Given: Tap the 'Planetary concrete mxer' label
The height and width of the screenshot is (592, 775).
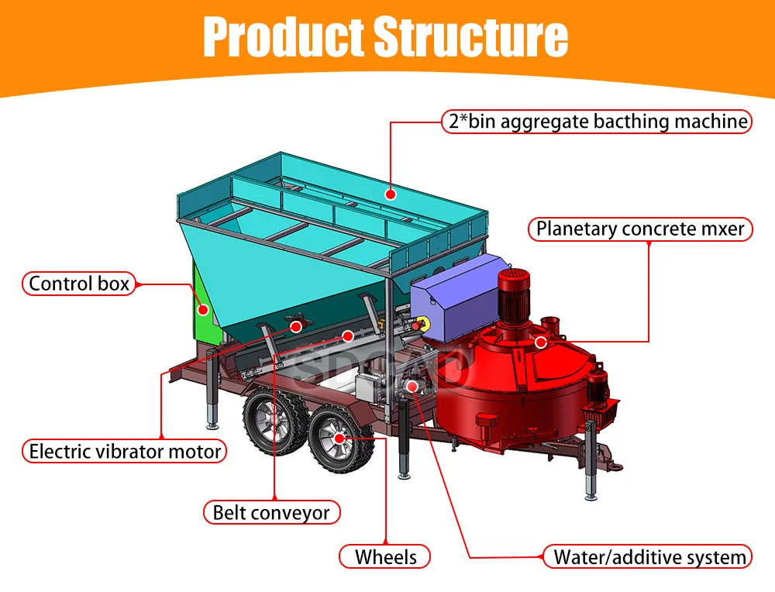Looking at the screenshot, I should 640,229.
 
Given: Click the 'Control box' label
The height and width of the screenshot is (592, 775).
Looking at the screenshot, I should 79,284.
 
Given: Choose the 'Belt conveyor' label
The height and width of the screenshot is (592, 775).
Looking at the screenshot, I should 271,512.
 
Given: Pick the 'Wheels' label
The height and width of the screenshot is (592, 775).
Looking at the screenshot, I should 385,556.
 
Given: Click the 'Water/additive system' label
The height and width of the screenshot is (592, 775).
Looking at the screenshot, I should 649,556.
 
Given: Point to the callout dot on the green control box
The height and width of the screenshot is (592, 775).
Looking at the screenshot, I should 203,309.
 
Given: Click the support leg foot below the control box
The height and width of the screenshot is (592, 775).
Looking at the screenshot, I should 212,425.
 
